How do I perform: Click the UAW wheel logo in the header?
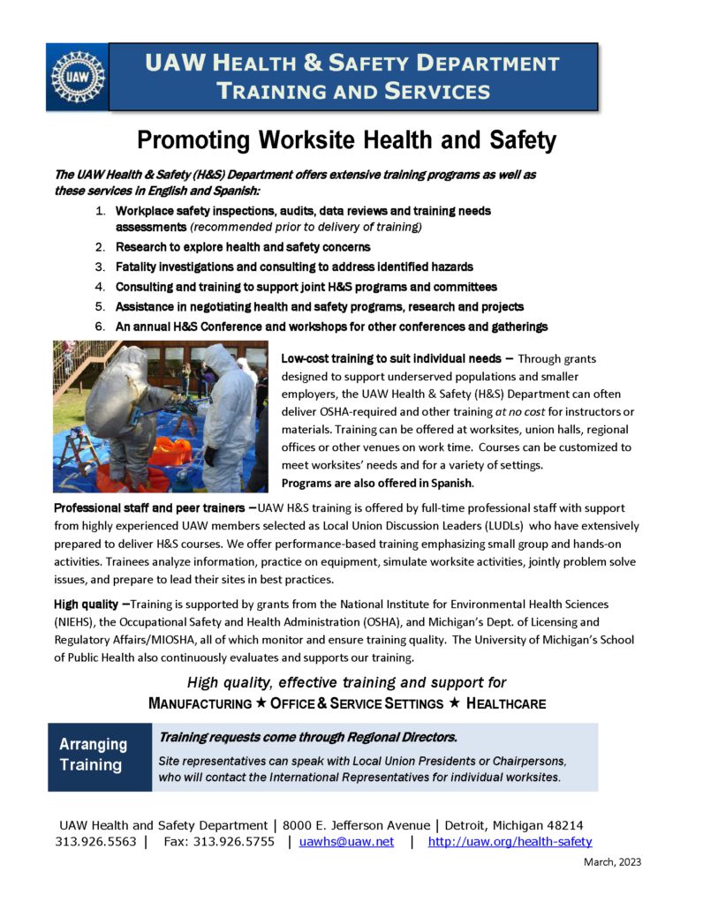pos(78,77)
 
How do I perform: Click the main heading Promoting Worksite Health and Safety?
pos(347,139)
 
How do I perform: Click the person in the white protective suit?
pos(227,415)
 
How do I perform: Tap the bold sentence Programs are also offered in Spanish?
pos(377,484)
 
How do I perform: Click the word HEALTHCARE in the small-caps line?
pos(505,703)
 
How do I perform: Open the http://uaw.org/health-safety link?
pos(510,842)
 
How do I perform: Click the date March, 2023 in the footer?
pos(612,862)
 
